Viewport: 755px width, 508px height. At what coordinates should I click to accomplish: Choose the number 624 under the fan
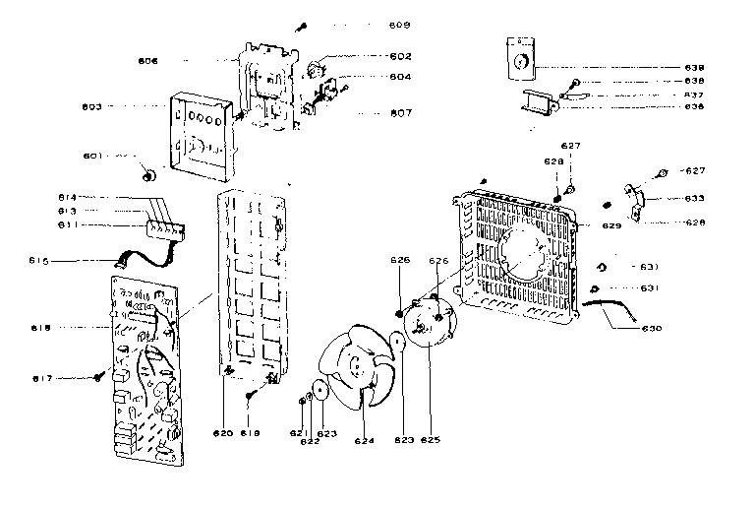pos(364,441)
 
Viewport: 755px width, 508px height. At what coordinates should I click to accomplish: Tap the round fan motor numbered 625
pos(429,327)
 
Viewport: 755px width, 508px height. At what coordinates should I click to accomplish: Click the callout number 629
pos(611,226)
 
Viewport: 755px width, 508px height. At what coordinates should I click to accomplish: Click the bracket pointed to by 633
pos(639,201)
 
